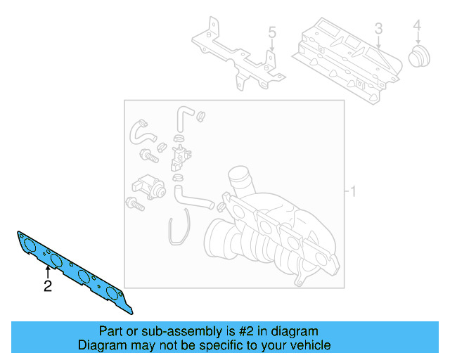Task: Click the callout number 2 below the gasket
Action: (x=47, y=286)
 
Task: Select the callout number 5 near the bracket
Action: (x=272, y=32)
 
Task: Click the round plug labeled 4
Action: (x=420, y=57)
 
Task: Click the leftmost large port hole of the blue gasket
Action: (x=29, y=245)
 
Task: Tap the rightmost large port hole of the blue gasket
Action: (x=110, y=290)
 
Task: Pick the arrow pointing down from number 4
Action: (x=417, y=41)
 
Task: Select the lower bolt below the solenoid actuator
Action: (x=134, y=205)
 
